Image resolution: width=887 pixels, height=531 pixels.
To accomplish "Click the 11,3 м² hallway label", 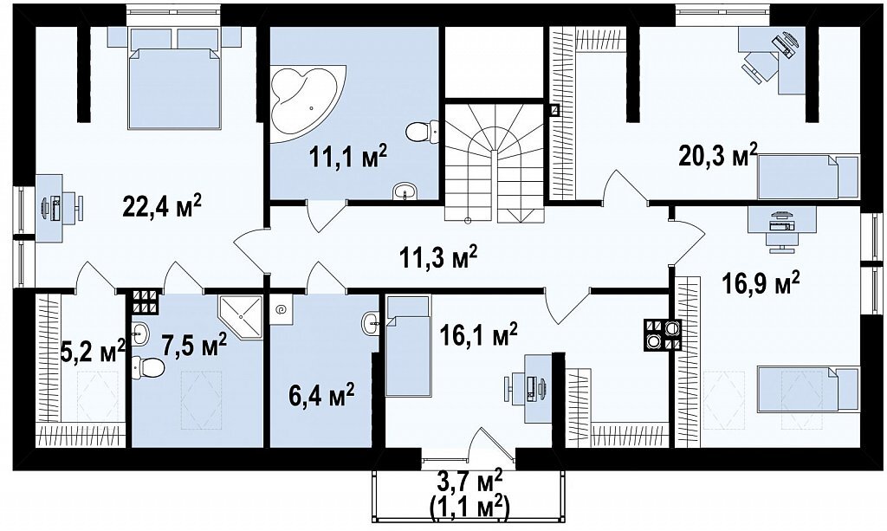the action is click(x=438, y=257).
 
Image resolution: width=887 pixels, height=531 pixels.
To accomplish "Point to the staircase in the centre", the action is click(x=495, y=162).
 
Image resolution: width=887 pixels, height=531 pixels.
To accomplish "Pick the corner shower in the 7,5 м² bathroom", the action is click(x=241, y=317).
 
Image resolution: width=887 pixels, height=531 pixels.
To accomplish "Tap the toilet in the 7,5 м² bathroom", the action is click(x=147, y=367).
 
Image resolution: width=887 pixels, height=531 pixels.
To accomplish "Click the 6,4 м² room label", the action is click(x=320, y=394).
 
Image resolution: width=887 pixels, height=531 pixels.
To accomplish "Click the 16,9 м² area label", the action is click(x=761, y=282).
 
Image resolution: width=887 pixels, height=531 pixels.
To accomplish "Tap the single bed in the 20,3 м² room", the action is click(x=808, y=177).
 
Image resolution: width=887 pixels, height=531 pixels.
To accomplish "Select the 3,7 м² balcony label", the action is click(x=470, y=484).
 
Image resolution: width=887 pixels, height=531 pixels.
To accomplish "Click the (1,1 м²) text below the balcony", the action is click(x=470, y=508).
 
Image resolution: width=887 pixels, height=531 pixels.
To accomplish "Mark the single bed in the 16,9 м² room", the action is click(x=808, y=388).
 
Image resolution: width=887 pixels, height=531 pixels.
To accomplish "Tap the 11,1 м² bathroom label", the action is click(x=348, y=156).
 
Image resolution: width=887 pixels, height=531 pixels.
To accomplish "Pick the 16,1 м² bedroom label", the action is click(x=478, y=334).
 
